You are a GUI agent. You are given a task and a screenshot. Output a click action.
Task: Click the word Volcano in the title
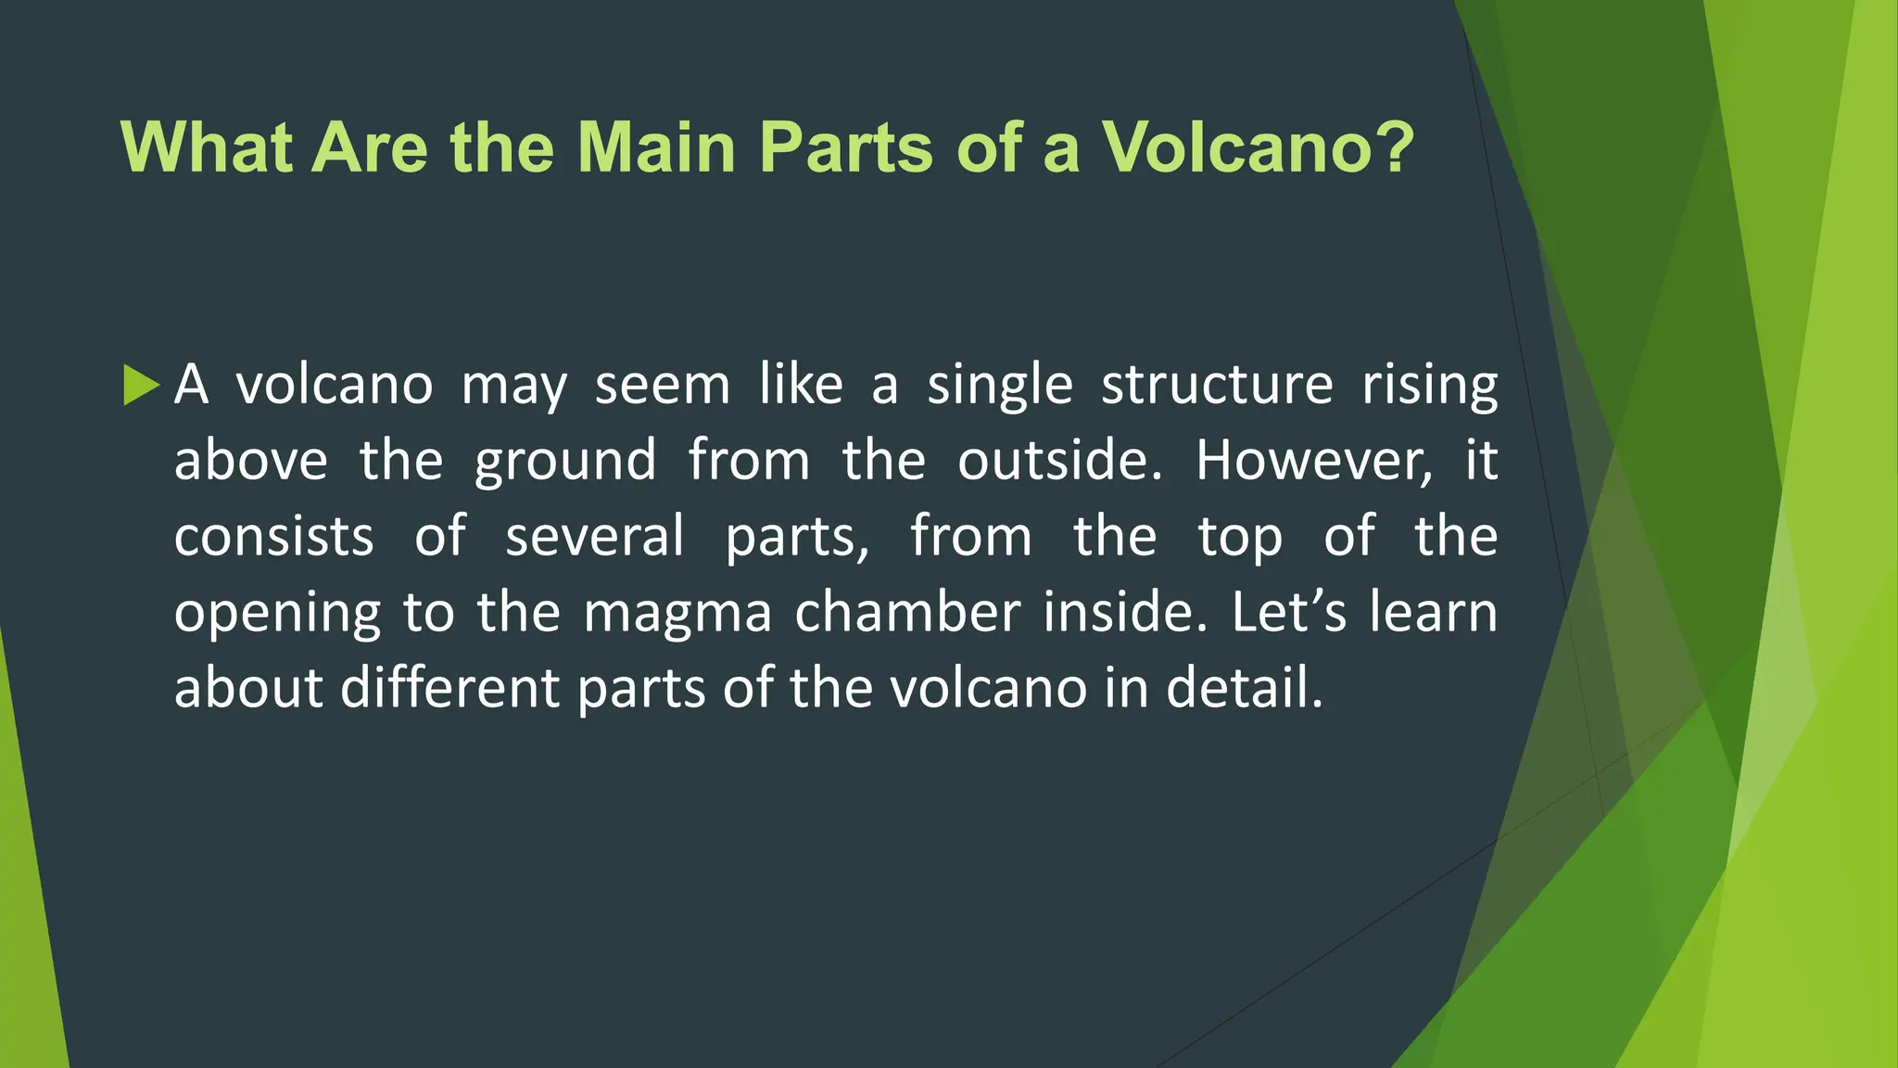point(1257,147)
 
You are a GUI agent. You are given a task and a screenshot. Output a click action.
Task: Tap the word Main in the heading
point(656,147)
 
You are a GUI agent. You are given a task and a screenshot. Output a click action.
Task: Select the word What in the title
point(206,147)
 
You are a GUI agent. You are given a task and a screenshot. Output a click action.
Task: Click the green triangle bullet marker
point(141,385)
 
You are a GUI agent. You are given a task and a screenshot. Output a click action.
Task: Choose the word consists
point(273,537)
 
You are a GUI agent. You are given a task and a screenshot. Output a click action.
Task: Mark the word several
point(594,537)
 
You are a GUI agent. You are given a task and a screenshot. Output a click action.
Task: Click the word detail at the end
point(1244,689)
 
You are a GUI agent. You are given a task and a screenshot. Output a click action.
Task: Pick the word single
point(1000,387)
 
